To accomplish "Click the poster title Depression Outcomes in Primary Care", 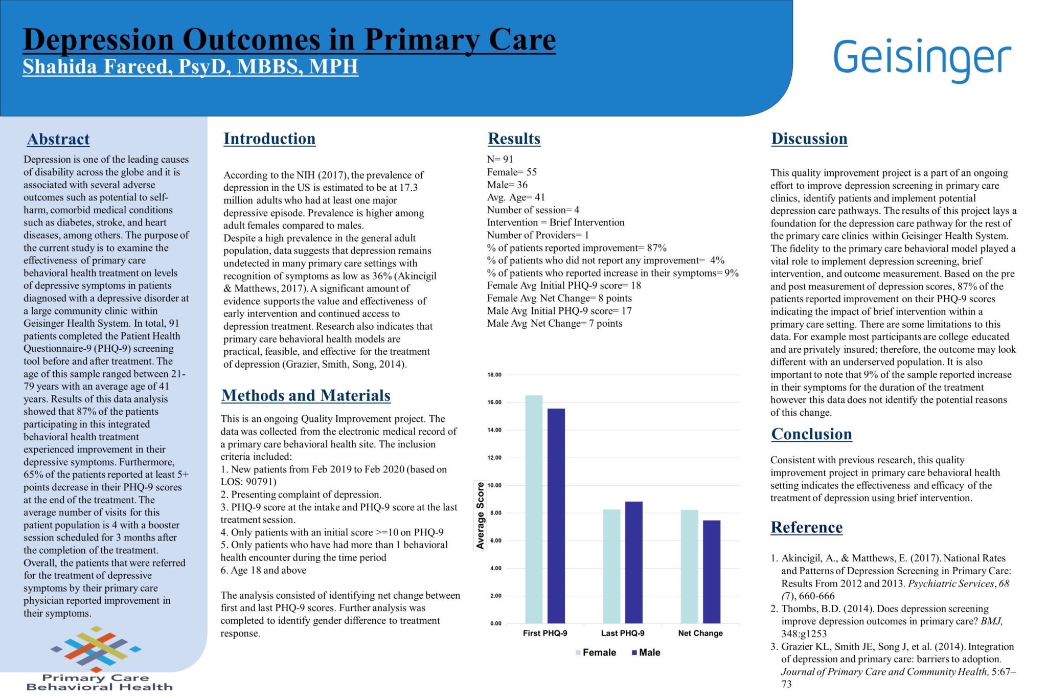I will coord(289,40).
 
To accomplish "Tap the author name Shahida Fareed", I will coord(190,66).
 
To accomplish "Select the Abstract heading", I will coord(58,139).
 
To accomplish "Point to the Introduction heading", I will coord(269,139).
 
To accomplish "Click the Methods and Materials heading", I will coord(306,395).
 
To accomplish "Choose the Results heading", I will coord(514,139).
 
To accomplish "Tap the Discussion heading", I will coord(809,139).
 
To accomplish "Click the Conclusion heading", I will coord(811,434).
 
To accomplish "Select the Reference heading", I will coord(806,527).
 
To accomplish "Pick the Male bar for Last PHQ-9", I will coord(634,562).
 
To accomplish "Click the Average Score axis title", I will coord(480,515).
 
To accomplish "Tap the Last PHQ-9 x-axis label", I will coord(623,633).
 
